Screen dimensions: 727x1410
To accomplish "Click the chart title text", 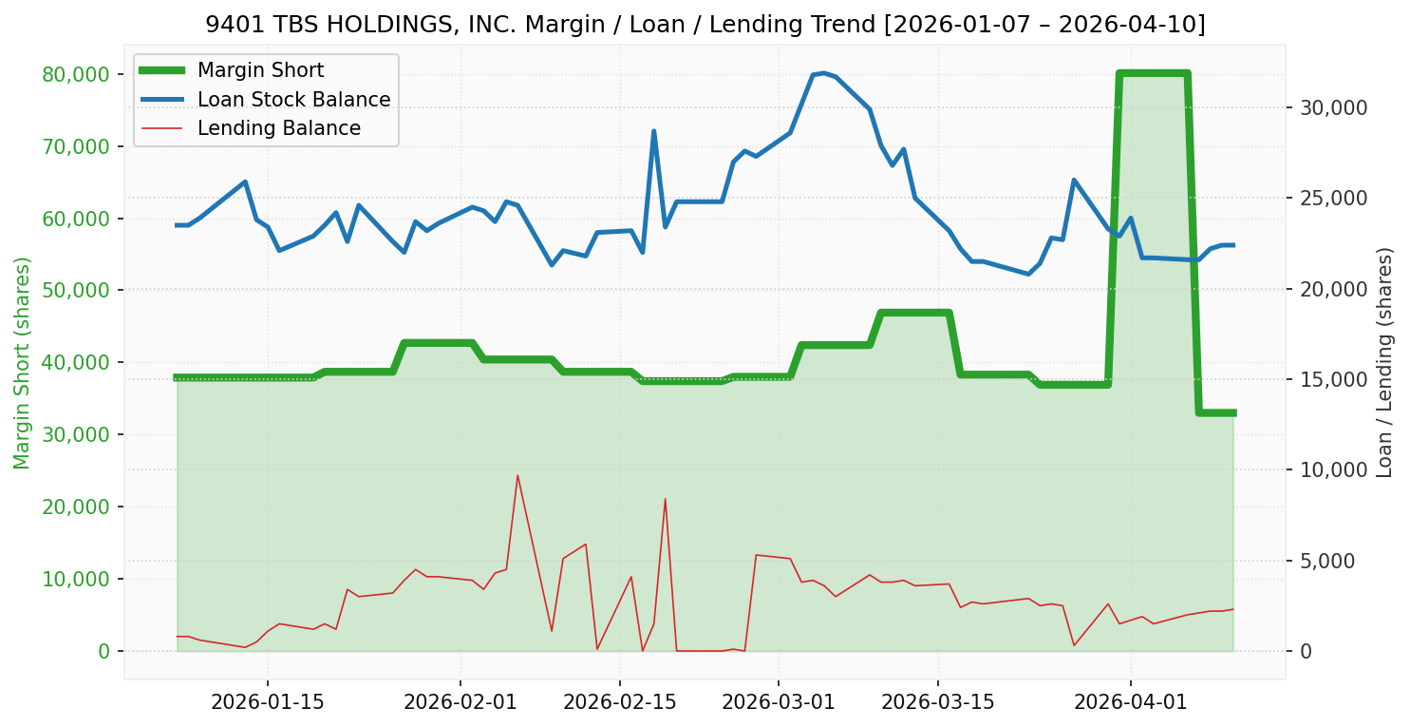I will coord(705,24).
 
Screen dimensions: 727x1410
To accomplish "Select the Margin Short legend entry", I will coord(260,70).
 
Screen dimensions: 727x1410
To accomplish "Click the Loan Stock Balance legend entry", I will coord(293,100).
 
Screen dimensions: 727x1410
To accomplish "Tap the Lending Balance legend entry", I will coord(278,128).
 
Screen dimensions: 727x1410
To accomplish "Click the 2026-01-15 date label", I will coord(267,702).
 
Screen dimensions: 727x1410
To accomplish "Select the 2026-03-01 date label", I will coord(779,702).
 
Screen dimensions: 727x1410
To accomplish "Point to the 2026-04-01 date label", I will coord(1131,702).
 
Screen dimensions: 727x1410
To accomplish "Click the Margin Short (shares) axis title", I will coord(22,362).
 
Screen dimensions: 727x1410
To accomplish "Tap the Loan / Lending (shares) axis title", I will coord(1385,362).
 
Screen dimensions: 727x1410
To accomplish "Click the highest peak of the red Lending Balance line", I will coord(517,475).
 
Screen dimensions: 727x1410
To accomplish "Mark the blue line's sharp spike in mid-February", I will coord(653,131).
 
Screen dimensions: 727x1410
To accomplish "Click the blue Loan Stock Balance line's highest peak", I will coord(823,72).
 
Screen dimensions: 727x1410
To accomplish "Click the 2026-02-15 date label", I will coord(620,702).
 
